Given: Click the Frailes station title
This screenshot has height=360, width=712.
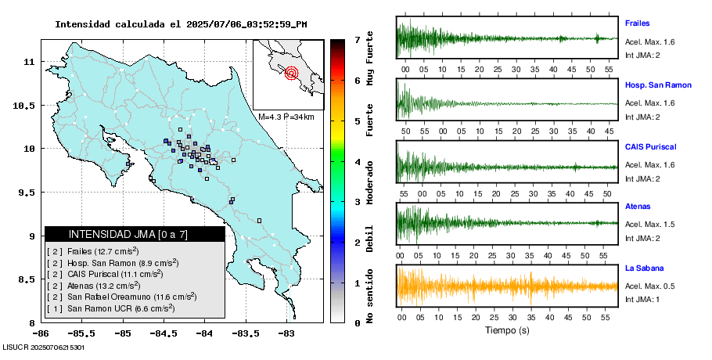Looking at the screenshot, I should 637,23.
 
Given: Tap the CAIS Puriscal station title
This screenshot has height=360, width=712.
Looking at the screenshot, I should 650,146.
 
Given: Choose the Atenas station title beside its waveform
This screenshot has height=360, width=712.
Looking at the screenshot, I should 637,207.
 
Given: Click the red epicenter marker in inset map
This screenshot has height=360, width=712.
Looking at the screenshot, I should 292,74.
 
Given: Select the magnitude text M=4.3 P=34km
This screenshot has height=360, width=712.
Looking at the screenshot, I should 286,117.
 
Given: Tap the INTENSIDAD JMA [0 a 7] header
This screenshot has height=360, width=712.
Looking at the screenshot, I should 135,234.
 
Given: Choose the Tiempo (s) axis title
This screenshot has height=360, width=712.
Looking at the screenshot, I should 507,330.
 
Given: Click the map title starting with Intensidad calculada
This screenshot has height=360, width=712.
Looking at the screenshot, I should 181,24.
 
